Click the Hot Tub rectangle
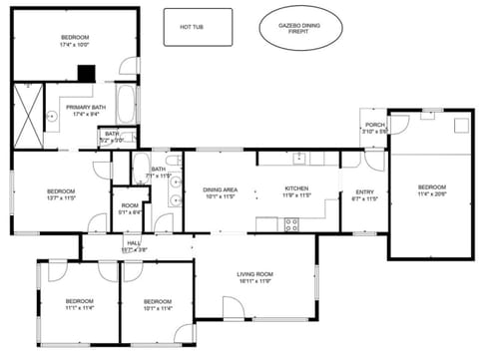(197, 27)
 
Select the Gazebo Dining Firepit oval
(300, 28)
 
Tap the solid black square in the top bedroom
(88, 74)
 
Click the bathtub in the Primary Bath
(127, 103)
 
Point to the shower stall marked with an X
(29, 115)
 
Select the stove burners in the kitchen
(291, 225)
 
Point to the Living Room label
(254, 274)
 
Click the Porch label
(374, 126)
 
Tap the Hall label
(134, 242)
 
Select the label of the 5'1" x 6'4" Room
(130, 204)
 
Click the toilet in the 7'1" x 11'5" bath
(173, 161)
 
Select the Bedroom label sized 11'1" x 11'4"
(79, 308)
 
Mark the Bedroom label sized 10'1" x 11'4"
(158, 308)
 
